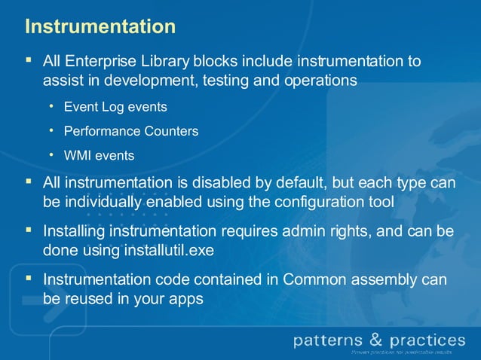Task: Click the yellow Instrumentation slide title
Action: pos(100,26)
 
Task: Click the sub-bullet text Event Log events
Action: pos(115,107)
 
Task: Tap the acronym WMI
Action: pos(77,156)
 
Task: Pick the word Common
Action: pos(312,279)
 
